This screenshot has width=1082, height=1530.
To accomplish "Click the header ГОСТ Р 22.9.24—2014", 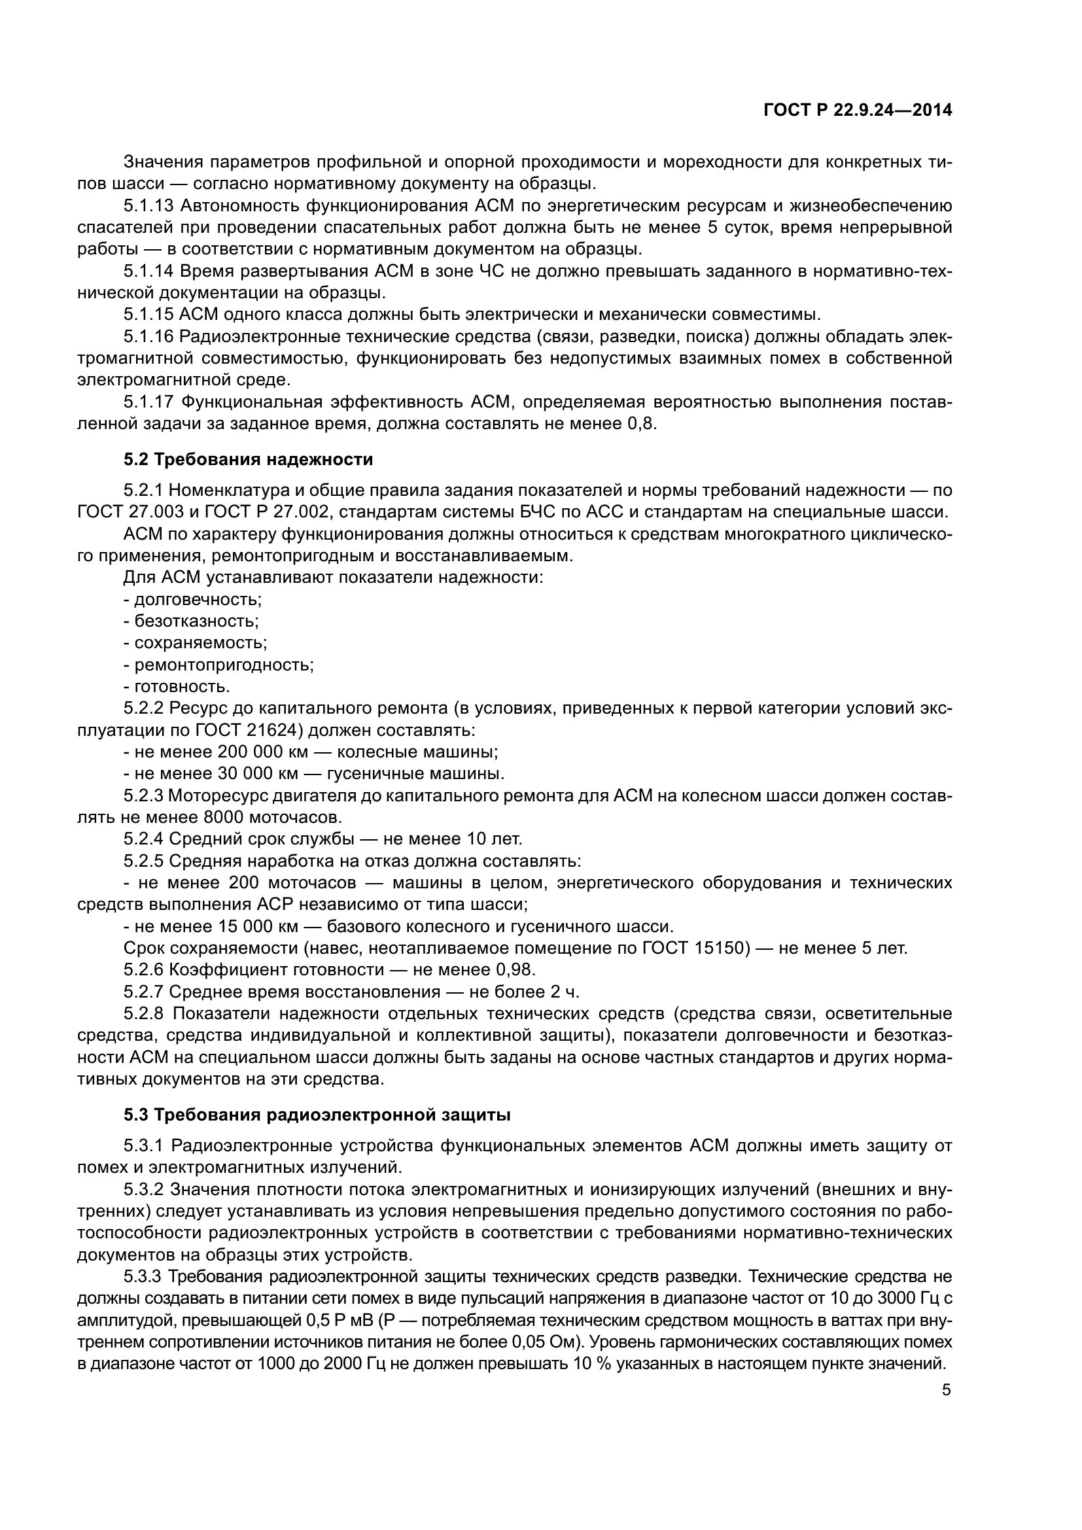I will (x=857, y=111).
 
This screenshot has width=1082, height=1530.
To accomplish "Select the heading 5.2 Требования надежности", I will (x=248, y=459).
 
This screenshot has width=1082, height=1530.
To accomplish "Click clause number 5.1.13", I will (x=148, y=205).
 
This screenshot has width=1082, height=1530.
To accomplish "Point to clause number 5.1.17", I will (x=148, y=402).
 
